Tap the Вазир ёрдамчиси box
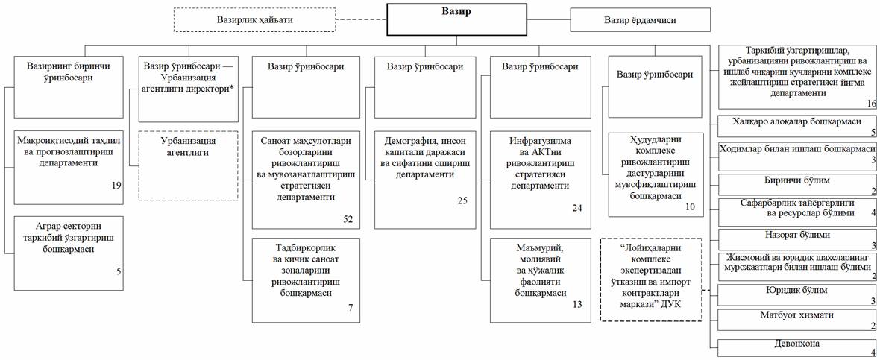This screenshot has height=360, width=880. tap(640, 20)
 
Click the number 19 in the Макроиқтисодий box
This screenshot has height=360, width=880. tap(116, 185)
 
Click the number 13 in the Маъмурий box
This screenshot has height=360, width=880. tap(576, 305)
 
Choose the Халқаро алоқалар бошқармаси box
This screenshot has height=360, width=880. tap(797, 124)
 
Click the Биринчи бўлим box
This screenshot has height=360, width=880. tap(797, 183)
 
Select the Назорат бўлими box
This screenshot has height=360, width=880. tap(797, 238)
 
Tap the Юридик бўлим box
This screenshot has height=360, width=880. tap(797, 294)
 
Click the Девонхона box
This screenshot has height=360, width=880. tap(797, 347)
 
